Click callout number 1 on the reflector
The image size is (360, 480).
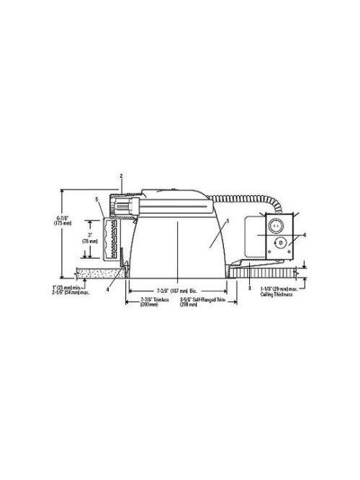coord(228,221)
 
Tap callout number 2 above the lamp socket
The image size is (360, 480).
coord(122,176)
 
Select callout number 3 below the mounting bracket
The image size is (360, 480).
coord(249,288)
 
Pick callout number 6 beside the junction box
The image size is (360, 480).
coord(305,235)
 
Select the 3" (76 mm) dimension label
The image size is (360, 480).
coord(90,238)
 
